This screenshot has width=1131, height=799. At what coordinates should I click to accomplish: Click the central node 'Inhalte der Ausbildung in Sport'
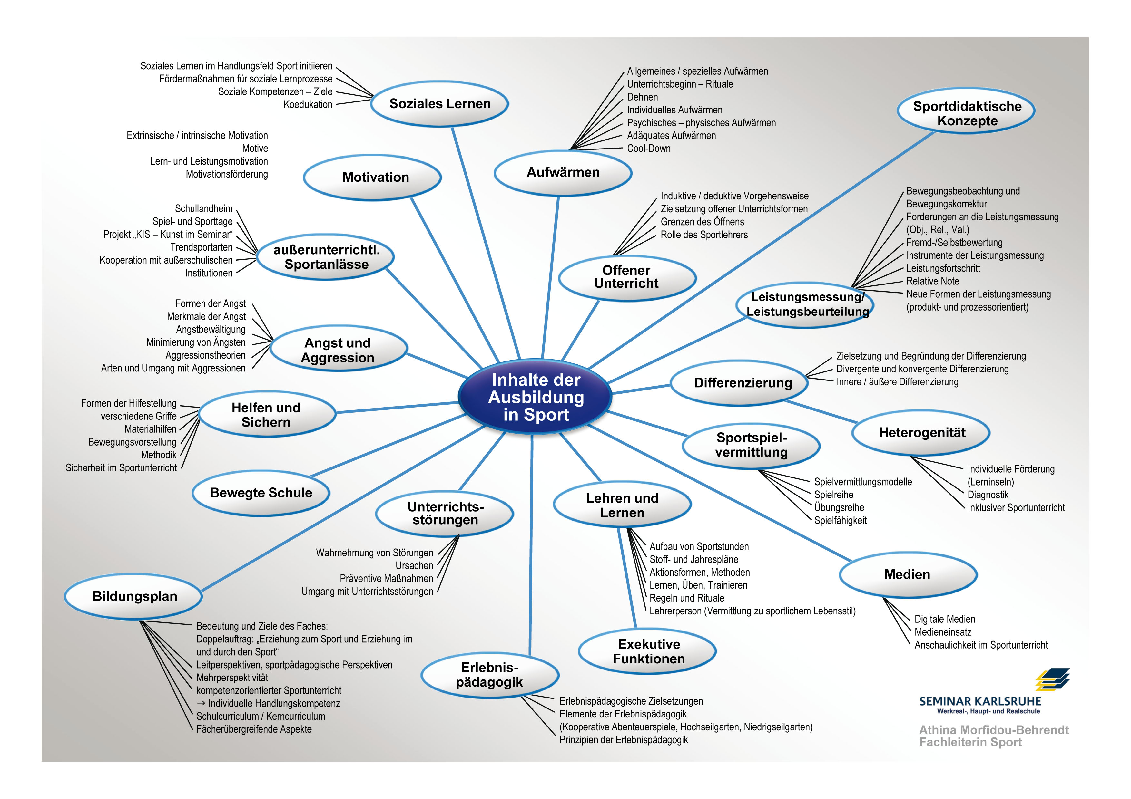tap(536, 397)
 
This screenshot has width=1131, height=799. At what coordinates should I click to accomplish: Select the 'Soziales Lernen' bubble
tap(439, 104)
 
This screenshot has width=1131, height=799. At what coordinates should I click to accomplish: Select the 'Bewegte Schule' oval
tap(261, 493)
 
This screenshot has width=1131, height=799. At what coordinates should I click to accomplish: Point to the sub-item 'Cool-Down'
tap(649, 149)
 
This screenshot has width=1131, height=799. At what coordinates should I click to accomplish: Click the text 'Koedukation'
tap(308, 104)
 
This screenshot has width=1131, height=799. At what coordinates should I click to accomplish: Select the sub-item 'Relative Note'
tap(932, 281)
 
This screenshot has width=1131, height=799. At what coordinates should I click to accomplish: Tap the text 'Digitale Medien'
tap(945, 619)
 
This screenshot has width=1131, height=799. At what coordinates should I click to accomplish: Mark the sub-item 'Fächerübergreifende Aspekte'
tap(254, 729)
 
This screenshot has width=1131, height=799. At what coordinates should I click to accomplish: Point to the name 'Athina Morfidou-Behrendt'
tap(994, 730)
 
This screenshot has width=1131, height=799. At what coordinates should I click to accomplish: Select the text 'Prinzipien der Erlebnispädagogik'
tap(624, 740)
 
